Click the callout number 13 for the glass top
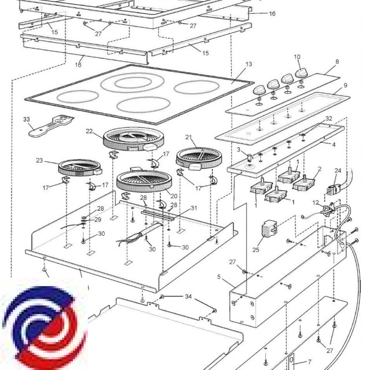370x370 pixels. (x=249, y=64)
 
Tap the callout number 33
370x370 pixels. (x=27, y=119)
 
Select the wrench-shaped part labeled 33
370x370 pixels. (x=52, y=125)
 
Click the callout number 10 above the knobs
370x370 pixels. (x=297, y=57)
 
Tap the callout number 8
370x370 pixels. (x=337, y=61)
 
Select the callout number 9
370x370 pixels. (x=345, y=86)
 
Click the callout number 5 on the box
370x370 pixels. (x=219, y=277)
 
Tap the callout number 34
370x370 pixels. (x=188, y=297)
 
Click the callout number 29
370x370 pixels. (x=98, y=220)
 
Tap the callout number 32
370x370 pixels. (x=329, y=118)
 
